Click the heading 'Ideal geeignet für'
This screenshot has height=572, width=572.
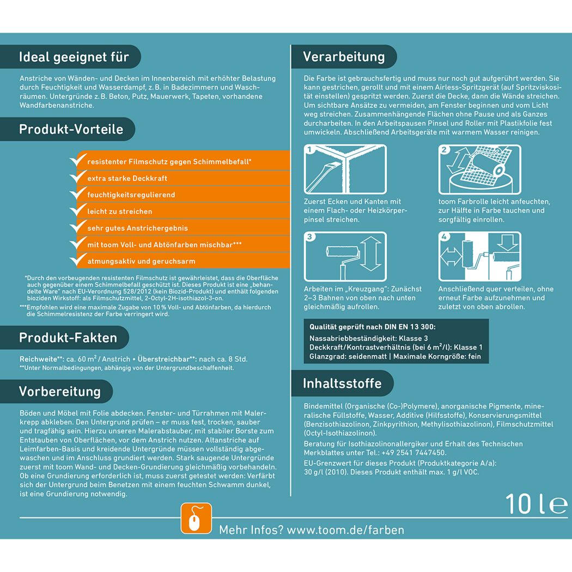click(74, 57)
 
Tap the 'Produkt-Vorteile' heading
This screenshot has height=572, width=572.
click(71, 129)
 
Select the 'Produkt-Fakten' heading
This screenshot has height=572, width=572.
click(68, 337)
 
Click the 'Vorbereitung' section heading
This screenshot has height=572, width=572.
click(60, 392)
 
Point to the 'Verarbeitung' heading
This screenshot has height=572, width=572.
click(344, 57)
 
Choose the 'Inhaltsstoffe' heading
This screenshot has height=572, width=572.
click(342, 384)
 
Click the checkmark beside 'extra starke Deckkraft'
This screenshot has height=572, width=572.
click(78, 177)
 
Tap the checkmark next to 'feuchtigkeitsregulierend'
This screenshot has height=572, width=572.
click(78, 193)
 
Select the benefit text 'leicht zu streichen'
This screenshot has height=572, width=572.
click(120, 211)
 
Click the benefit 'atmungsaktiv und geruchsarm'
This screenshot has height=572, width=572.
click(141, 261)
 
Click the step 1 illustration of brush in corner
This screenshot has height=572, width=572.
click(345, 169)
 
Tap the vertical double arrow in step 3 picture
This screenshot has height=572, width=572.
click(370, 254)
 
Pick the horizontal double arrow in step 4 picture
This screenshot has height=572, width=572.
click(451, 257)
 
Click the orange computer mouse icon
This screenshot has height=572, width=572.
click(196, 519)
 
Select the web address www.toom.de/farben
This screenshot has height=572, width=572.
click(345, 530)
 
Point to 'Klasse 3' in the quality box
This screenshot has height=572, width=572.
click(413, 338)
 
